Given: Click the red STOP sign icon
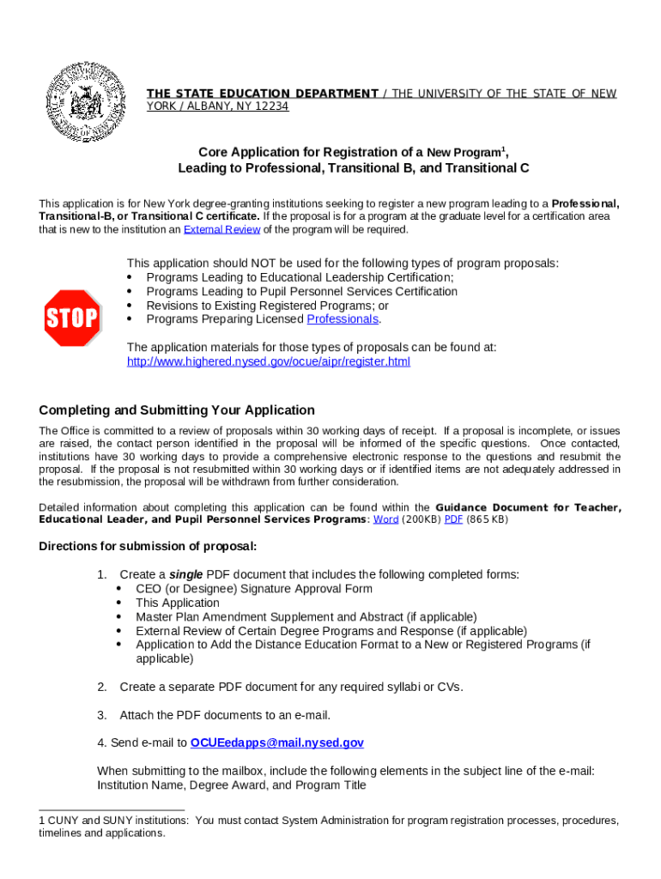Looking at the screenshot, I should [x=72, y=318].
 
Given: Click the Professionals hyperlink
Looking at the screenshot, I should [x=343, y=319].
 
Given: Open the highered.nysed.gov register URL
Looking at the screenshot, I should [x=268, y=361].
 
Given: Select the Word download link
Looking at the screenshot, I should [x=385, y=520].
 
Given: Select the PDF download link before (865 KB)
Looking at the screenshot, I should [x=453, y=520].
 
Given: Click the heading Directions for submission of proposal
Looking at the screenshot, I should [x=148, y=547].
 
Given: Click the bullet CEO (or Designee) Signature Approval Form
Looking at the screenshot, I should [x=253, y=589].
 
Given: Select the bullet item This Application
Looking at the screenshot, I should [x=178, y=603].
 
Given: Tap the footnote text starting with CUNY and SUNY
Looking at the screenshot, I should [x=329, y=827].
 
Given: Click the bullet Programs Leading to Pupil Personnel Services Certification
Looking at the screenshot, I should [x=301, y=292].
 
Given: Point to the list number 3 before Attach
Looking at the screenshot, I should [x=101, y=715].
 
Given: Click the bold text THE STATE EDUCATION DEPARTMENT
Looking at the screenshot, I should [x=262, y=94].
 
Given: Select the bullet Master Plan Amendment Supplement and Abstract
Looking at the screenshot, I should [x=306, y=616].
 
